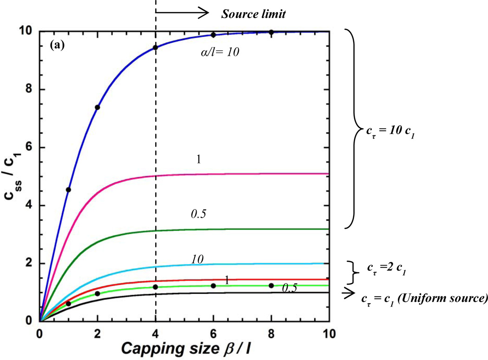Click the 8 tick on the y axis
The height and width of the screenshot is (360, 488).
30,90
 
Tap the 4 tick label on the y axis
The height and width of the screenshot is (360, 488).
30,206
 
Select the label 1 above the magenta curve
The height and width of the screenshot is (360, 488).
198,159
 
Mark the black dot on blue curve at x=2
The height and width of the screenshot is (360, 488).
98,107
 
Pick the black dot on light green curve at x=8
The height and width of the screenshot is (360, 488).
271,286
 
